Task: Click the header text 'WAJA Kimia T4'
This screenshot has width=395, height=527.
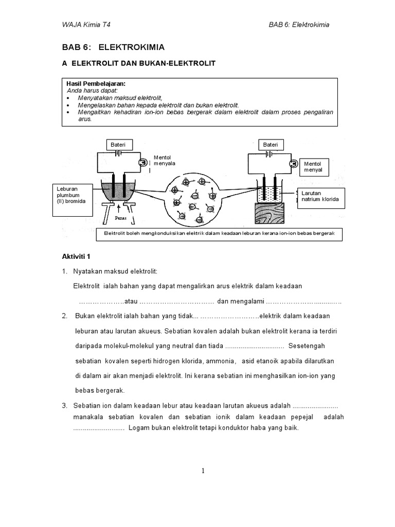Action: pos(85,24)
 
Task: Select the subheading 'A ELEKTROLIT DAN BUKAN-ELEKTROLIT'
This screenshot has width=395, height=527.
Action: pos(138,63)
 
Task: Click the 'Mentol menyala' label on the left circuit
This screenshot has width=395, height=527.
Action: pos(165,161)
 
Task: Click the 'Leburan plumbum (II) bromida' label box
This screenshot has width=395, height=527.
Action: pos(71,196)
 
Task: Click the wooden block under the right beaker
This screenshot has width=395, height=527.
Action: pos(268,214)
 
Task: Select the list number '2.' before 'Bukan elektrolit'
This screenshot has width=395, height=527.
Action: pos(65,315)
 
